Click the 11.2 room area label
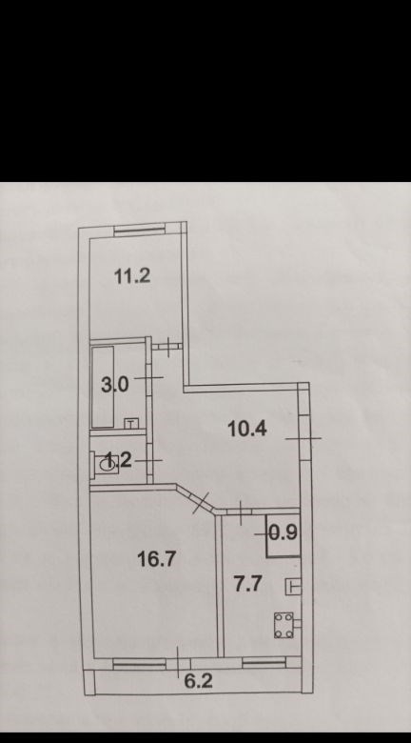[x=132, y=275]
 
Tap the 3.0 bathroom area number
[x=114, y=385]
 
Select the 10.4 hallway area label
[x=247, y=429]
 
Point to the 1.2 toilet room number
[x=117, y=460]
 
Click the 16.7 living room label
[x=157, y=559]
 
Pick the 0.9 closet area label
[x=284, y=533]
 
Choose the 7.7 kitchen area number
[x=248, y=584]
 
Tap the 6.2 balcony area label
[x=199, y=681]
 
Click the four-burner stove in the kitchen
[x=284, y=626]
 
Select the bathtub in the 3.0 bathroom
[x=103, y=387]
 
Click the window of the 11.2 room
[x=139, y=231]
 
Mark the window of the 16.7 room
[x=139, y=664]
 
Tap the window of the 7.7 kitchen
[x=264, y=662]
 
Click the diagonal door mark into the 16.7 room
[x=201, y=503]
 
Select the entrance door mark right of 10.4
[x=303, y=438]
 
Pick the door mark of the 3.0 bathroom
[x=148, y=377]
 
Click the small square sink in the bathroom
[x=131, y=423]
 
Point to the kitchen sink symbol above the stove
[x=293, y=586]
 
